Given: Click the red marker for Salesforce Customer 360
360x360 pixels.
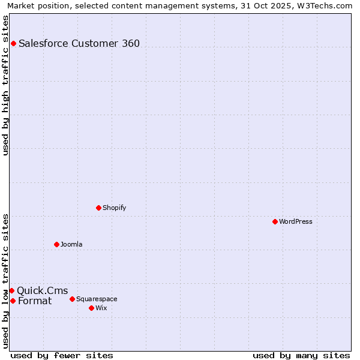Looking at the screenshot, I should pos(13,43).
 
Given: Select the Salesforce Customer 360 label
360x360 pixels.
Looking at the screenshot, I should pos(79,43).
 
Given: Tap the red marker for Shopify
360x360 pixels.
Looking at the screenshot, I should pos(98,208).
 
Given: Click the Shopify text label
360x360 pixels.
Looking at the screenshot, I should pos(114,208).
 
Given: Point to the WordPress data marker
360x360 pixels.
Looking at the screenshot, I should pos(275,221).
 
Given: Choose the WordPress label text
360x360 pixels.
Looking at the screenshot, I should pos(295,221).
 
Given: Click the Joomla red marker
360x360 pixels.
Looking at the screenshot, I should pos(56,244).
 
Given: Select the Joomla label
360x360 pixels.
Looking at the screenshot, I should pos(71,244).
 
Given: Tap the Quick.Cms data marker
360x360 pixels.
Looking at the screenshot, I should pos(11,290).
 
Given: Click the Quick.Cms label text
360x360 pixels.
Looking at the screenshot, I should pos(43,291).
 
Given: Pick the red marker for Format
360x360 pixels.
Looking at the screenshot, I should pos(13,301).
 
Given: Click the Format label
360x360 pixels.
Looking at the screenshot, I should pos(35,301).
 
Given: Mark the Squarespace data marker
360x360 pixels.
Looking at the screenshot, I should pos(72,299).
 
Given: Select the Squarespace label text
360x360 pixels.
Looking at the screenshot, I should pos(97,299).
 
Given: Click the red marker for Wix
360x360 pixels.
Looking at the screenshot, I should pos(91,308).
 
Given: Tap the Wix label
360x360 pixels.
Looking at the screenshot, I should pos(101,308).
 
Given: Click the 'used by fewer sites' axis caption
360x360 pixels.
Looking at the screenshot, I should pos(62,355).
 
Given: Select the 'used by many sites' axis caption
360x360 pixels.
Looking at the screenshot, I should pos(301,355).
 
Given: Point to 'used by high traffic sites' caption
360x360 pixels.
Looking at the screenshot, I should pos(6,85).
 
